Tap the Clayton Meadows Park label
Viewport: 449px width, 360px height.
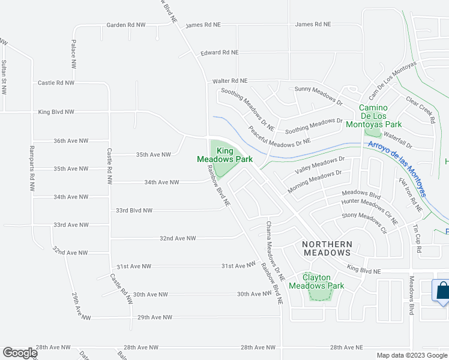pos(316,281)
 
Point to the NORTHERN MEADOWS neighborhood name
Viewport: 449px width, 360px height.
pos(327,249)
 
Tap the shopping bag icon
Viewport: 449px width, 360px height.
pos(442,291)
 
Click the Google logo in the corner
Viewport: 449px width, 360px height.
pos(20,353)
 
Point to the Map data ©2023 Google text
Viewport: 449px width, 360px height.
pos(412,355)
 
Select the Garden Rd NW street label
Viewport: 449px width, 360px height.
pos(127,25)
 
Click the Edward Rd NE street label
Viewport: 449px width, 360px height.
pos(220,53)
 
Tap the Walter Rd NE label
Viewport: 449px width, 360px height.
pos(230,80)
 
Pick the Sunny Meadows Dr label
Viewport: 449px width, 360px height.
pos(318,95)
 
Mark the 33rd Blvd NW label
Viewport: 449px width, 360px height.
pos(134,211)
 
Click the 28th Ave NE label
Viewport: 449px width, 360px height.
pos(346,347)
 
